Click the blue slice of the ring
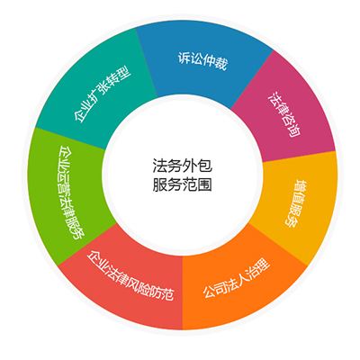(x=201, y=65)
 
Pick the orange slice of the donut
(x=240, y=285)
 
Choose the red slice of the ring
(x=126, y=282)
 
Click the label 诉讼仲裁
(x=202, y=61)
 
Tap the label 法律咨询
(x=284, y=114)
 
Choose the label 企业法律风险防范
(x=130, y=274)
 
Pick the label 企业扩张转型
(x=102, y=94)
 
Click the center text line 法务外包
(x=182, y=166)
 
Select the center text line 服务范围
(x=182, y=184)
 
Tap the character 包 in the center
(x=205, y=166)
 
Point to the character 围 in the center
(x=205, y=184)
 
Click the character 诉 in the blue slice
(x=184, y=58)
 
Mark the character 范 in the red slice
(x=166, y=293)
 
